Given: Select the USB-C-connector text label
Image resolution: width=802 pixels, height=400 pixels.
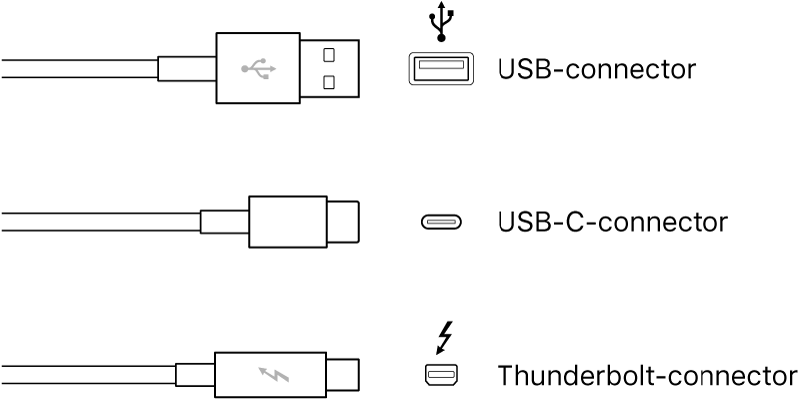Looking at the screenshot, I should coord(612,221).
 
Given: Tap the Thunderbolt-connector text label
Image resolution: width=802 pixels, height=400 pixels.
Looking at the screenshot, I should coord(648,376).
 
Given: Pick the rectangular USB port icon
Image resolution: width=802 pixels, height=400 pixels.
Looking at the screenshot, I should coord(438,69).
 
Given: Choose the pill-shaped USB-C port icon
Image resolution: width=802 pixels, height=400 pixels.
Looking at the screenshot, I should coord(439,222).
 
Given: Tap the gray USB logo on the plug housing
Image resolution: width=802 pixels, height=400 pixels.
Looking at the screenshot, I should coord(257,69).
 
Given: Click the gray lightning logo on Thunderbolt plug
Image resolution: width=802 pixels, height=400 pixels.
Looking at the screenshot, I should coord(272,376).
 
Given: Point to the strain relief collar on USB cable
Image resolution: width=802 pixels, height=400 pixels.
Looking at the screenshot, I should coord(186,69).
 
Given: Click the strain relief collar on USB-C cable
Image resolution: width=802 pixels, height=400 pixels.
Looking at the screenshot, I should coord(223,222).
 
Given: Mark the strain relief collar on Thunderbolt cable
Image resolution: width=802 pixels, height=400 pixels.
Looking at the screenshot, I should coord(194,376).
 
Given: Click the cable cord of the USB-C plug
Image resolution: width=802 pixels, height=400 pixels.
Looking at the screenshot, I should coord(100,222).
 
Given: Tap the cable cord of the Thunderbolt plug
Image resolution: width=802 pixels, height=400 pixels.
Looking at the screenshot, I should coord(90,376).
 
